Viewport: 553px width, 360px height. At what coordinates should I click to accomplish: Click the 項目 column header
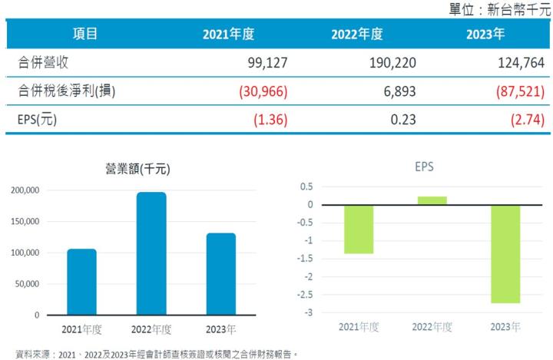85,35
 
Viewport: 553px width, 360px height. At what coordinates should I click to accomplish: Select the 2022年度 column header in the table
356,35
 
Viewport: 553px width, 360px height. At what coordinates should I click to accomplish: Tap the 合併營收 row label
48,63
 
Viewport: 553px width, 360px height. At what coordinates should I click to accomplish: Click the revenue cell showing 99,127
247,63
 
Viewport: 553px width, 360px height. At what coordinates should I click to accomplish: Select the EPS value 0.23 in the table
403,119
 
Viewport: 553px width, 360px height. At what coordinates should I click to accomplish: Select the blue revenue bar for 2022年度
151,253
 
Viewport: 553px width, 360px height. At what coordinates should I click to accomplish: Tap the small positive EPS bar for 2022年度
431,200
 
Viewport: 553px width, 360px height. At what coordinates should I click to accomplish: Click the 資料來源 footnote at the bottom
151,354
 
